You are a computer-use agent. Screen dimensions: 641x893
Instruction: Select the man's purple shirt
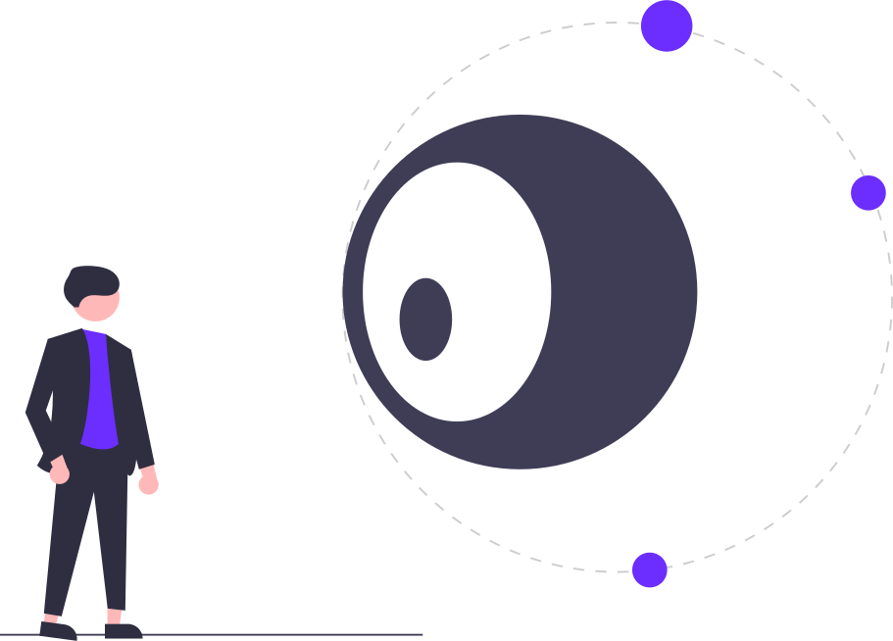98,392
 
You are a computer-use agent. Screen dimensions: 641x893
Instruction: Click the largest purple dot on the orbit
667,25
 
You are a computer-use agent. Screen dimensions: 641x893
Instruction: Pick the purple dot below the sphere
649,569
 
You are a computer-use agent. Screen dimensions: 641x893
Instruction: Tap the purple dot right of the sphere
868,193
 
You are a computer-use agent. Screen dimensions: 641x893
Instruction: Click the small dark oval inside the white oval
425,319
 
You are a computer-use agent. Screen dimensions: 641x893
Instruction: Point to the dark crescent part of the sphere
627,294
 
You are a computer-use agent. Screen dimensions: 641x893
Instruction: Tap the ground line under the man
294,635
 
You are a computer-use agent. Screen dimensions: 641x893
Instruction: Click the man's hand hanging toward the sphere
148,483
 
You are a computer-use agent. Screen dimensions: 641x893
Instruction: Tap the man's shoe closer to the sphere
124,630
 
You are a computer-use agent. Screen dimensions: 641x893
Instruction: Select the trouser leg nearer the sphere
116,549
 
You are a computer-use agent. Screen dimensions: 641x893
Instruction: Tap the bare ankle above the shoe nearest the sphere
115,616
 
